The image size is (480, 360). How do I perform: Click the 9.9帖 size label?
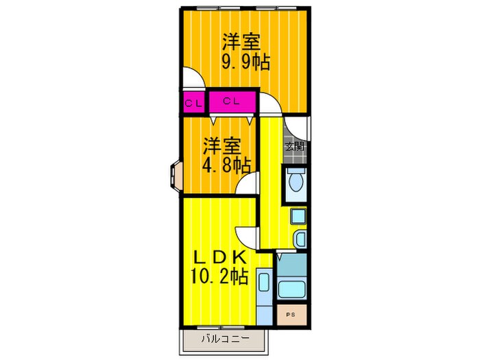pyautogui.click(x=244, y=62)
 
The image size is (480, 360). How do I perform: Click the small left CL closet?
pyautogui.click(x=193, y=104)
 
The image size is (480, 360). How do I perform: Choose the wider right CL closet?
pyautogui.click(x=231, y=102)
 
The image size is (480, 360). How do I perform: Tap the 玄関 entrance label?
pyautogui.click(x=295, y=146)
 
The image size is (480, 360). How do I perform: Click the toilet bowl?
pyautogui.click(x=296, y=183)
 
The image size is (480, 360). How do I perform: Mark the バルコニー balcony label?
pyautogui.click(x=224, y=339)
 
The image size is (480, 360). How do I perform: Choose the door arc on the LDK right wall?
pyautogui.click(x=245, y=237)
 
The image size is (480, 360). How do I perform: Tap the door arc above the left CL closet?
pyautogui.click(x=193, y=77)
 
